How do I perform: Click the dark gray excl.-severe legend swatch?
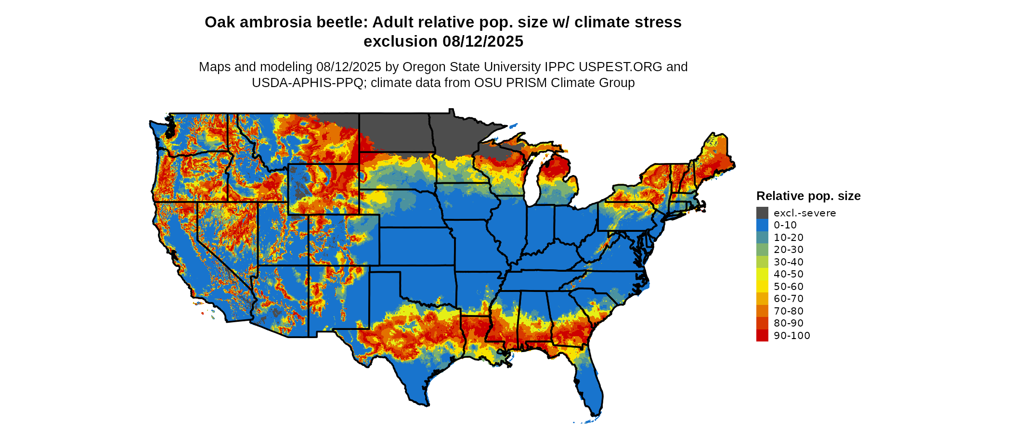coord(762,213)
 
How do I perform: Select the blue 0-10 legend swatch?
coord(762,225)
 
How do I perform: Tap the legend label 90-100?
coord(792,336)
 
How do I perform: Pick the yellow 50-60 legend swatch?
coord(762,287)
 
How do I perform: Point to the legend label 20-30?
coord(789,250)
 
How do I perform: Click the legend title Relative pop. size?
coord(808,196)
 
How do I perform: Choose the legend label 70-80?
coord(789,311)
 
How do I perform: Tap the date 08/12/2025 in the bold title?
coord(483,41)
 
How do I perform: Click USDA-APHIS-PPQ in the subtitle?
coord(307,83)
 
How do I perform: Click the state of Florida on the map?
coord(590,385)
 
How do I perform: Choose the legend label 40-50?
coord(789,274)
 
